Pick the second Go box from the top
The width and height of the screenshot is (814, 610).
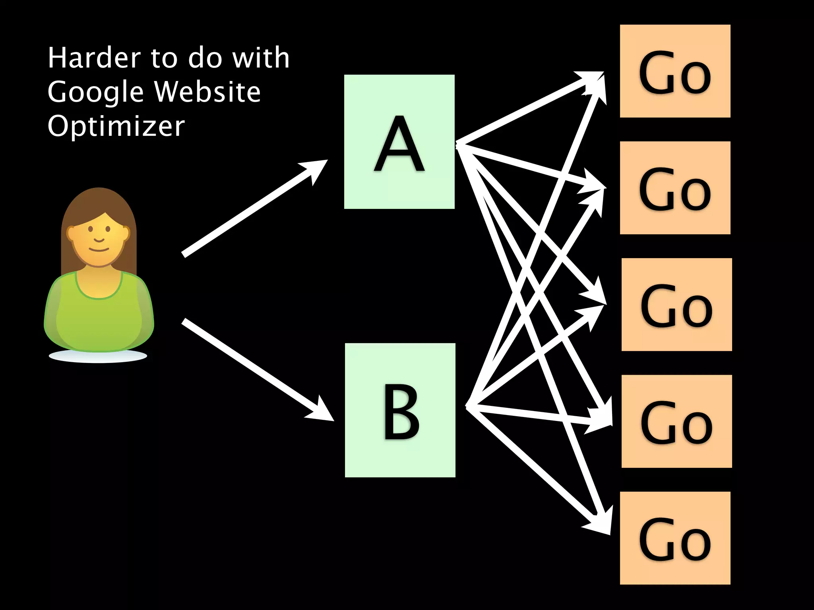coord(675,187)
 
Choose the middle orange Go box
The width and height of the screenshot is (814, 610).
coord(676,304)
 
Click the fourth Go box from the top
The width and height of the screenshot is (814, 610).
coord(676,421)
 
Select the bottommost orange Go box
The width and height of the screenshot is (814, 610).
coord(675,538)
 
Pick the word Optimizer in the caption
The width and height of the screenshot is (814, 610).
coord(116,127)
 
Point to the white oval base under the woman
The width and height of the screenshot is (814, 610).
coord(98,356)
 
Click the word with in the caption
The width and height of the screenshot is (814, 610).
coord(261,58)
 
